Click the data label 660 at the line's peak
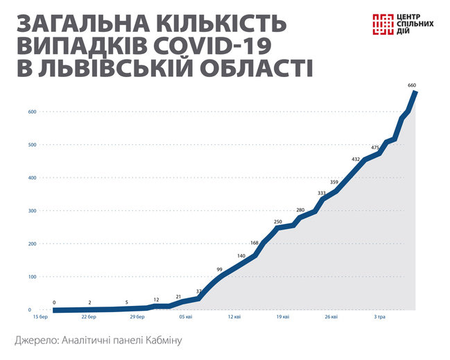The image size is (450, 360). coord(412,85)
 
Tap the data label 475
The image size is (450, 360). coord(375,147)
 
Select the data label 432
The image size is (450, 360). coord(356,159)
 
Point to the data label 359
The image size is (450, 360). coord(334,182)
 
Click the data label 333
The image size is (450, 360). coord(322,193)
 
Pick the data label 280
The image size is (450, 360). coord(300,209)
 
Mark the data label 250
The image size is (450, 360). coord(278,222)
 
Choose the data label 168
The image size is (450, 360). coord(254,243)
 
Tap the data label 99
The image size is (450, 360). coord(219,269)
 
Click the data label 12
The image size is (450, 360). coord(157,299)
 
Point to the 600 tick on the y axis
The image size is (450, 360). coord(32,112)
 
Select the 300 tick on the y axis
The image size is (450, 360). coord(32,211)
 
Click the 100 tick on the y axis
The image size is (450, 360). coord(32,277)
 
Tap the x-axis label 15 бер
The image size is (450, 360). coord(40,317)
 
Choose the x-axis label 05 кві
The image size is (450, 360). coord(186,317)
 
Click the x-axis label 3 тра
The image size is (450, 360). coord(380,317)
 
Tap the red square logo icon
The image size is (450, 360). coord(384,24)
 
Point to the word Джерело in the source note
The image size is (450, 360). coord(39,341)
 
